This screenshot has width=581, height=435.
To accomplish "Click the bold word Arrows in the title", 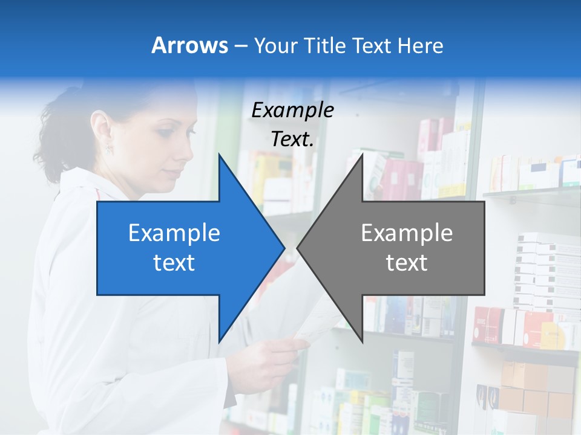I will coord(189,45).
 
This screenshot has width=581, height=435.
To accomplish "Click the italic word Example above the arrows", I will coord(292,110).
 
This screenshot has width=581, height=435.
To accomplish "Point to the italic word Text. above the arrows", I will coord(292,139).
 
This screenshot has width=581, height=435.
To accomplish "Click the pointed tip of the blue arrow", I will coord(283,248).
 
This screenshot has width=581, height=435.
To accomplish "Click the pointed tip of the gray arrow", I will coord(298,248).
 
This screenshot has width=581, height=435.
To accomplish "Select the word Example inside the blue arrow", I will coord(174,233).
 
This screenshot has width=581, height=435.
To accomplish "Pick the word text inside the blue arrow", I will coord(174,262).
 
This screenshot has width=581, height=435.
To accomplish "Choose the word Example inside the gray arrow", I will coord(407,233).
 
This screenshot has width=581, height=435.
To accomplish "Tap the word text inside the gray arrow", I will coord(407,262).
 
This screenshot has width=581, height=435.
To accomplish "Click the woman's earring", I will coord(110,147).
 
